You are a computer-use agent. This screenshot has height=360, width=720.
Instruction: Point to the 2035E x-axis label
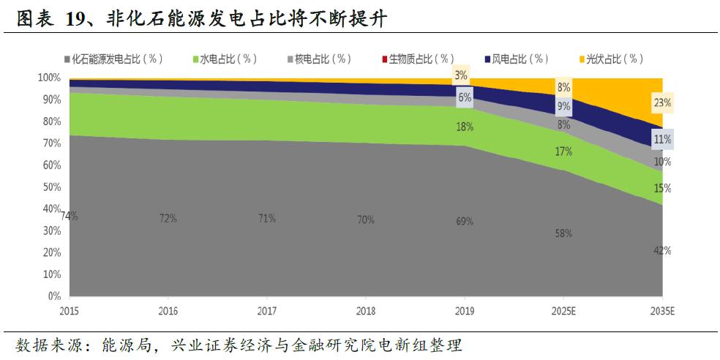662,310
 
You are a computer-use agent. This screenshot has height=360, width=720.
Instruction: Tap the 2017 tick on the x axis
267,310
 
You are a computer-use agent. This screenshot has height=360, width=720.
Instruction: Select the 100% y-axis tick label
48,78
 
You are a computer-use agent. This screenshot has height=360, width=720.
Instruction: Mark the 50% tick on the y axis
50,187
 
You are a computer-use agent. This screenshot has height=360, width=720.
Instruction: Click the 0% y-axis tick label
53,297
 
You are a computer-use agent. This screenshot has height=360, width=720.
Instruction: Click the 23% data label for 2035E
662,103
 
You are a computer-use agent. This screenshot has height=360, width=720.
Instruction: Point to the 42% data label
662,250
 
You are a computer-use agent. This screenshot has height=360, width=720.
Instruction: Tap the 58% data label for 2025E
563,233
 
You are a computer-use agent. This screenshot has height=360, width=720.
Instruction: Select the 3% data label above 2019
461,75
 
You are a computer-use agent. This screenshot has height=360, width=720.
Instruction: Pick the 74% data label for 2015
70,216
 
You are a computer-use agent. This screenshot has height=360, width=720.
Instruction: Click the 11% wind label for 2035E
662,139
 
